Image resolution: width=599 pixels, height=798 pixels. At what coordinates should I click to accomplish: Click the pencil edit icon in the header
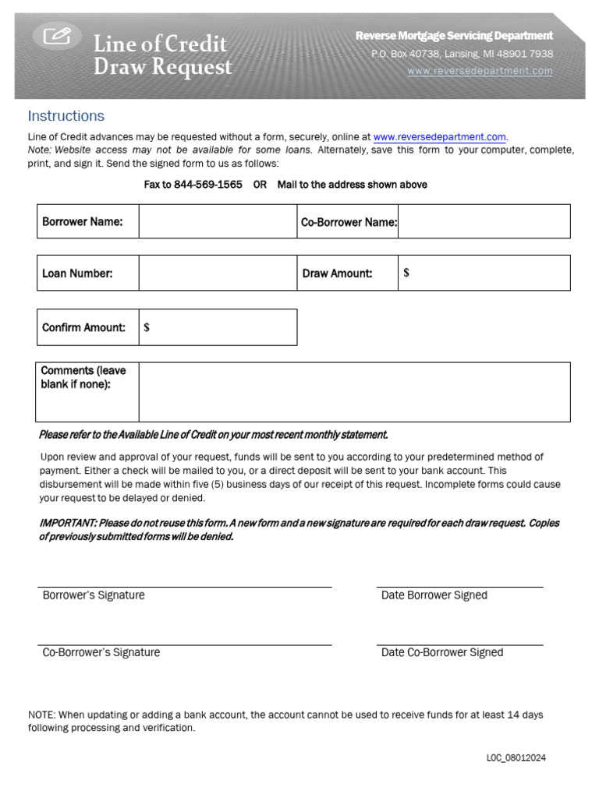tap(57, 35)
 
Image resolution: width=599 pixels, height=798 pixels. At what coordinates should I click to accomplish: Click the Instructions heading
tap(66, 116)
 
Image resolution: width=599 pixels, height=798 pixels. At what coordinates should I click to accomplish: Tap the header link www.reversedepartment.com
tap(480, 71)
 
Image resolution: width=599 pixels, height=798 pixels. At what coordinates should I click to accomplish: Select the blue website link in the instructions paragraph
tap(440, 136)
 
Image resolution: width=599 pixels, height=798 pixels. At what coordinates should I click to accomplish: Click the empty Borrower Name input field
tap(218, 221)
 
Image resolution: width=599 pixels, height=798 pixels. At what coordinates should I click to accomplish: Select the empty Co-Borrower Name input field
tap(484, 221)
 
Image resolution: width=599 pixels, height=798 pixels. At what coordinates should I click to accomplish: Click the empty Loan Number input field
tap(218, 273)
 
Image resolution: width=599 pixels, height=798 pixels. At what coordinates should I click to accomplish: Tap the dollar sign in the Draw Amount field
tap(406, 273)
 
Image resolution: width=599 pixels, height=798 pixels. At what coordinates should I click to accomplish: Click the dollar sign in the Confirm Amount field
tap(147, 327)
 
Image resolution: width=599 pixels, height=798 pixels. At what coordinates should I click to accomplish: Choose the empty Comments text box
tap(354, 392)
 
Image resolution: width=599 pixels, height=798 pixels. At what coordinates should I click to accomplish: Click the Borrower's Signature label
tap(94, 595)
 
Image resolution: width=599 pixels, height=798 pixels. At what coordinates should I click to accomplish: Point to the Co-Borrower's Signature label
tap(101, 653)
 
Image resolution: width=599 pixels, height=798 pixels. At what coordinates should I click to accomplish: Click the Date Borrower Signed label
tap(434, 595)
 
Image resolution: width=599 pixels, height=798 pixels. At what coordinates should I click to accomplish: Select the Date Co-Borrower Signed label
tap(441, 653)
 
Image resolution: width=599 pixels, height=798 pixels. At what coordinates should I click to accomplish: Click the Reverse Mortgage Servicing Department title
tap(454, 36)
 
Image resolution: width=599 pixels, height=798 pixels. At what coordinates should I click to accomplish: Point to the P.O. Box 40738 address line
tap(462, 54)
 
